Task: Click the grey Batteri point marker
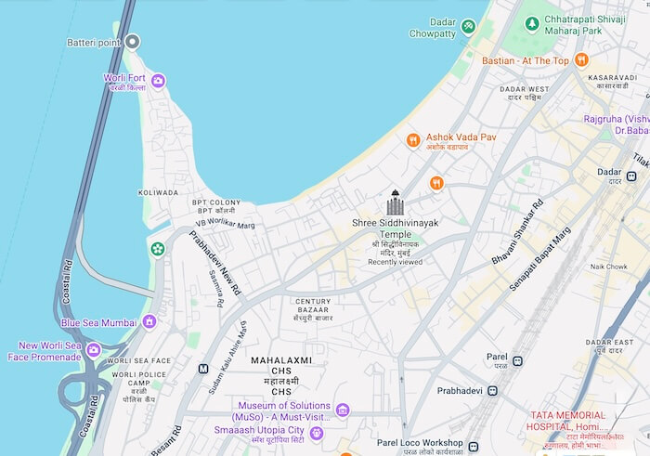[133, 42]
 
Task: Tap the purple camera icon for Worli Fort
[158, 82]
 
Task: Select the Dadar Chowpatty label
[433, 27]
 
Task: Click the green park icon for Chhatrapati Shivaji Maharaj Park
[533, 21]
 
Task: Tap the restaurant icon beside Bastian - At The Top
[581, 60]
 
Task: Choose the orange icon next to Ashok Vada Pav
[413, 140]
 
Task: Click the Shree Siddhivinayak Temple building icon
[396, 204]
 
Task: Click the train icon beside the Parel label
[517, 360]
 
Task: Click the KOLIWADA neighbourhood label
[158, 192]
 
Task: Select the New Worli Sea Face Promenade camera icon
[94, 350]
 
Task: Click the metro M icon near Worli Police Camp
[202, 369]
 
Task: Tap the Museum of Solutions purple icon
[343, 410]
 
